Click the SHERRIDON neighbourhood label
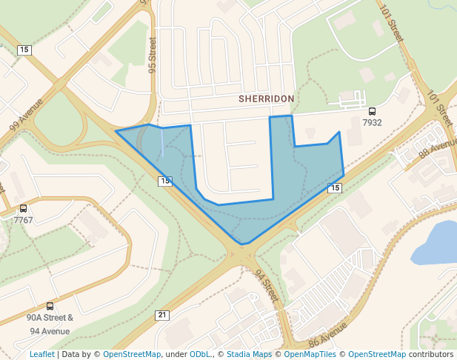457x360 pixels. (x=266, y=99)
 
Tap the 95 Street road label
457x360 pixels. (x=152, y=54)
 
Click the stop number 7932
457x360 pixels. (x=372, y=122)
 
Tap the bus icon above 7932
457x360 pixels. (x=372, y=110)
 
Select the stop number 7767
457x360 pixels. (x=23, y=220)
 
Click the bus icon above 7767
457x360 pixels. (x=23, y=209)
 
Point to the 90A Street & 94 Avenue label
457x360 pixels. (x=50, y=324)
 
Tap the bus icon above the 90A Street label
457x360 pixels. (x=50, y=306)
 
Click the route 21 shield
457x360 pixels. (x=161, y=315)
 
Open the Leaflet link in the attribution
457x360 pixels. (x=41, y=354)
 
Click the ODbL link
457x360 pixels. (x=199, y=354)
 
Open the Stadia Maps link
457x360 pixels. (x=249, y=354)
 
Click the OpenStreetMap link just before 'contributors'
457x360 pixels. (x=376, y=354)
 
